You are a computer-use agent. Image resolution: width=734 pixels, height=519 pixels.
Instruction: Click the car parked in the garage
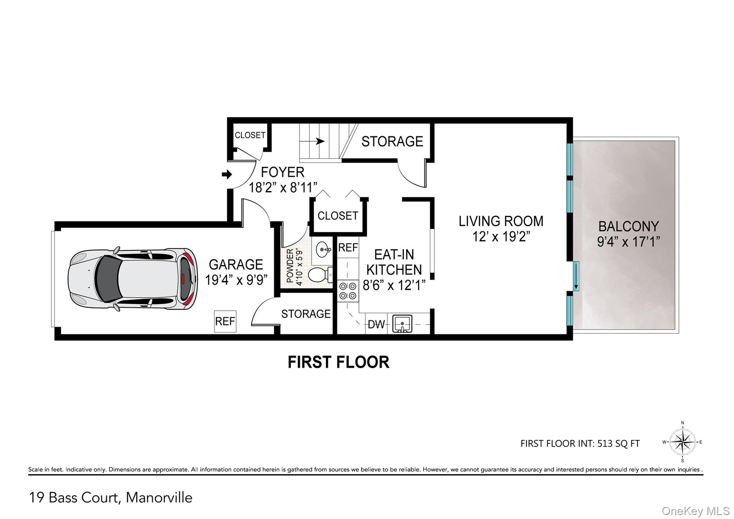[133, 279]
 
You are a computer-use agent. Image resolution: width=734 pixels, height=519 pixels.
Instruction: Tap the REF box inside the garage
[225, 321]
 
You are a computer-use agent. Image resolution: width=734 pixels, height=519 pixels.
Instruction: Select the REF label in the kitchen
[348, 248]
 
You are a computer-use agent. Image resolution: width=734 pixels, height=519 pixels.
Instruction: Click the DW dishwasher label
[376, 325]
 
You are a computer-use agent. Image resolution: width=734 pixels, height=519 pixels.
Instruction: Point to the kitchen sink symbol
[402, 323]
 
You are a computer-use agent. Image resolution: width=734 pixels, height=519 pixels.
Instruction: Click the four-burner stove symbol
[348, 291]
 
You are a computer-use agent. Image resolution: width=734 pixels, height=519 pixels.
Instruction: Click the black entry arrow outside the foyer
[227, 175]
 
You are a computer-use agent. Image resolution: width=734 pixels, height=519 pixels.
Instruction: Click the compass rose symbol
[682, 442]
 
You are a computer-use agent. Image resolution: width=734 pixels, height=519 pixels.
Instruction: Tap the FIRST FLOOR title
[338, 362]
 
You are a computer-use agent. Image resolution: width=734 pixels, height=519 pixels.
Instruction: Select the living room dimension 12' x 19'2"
[501, 237]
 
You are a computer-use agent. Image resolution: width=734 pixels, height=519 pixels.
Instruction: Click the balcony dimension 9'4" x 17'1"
[628, 242]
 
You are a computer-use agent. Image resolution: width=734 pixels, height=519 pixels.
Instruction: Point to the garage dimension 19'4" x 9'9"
[236, 280]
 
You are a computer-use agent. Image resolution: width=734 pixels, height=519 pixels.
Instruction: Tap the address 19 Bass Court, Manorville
[110, 498]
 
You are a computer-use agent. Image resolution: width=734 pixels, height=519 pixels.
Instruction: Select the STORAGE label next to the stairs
[392, 141]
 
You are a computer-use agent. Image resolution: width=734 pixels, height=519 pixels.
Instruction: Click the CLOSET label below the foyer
[338, 216]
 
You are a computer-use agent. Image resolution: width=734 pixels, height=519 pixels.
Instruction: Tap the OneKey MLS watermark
[695, 511]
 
